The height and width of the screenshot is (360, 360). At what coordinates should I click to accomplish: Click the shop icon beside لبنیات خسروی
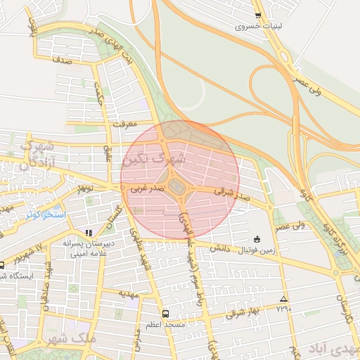(258, 15)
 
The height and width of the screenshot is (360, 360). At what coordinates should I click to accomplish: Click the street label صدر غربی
(146, 188)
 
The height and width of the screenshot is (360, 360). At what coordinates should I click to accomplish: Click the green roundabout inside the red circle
(179, 186)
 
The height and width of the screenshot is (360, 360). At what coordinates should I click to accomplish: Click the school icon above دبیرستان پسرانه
(88, 232)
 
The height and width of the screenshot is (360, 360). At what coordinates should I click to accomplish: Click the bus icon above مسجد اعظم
(165, 314)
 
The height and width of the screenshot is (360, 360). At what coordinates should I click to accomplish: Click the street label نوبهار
(85, 188)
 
